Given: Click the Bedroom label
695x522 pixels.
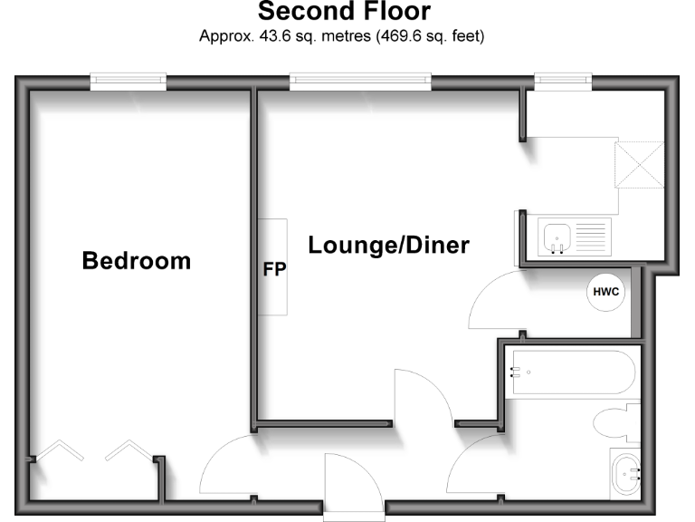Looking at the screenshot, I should [x=137, y=261].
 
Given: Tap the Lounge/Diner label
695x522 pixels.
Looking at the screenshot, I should [x=388, y=245].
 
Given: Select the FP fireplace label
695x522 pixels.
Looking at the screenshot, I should [x=274, y=269].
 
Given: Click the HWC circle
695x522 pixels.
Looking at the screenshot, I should [x=605, y=292].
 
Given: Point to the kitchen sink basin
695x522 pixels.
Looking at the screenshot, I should [x=555, y=239].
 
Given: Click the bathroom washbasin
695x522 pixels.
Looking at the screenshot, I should [x=626, y=472].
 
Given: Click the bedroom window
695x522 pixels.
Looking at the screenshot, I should [x=128, y=82].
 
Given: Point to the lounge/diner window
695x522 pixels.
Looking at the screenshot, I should [x=360, y=82].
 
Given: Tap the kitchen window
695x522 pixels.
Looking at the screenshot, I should [x=563, y=82].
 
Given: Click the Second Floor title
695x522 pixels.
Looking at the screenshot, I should [x=344, y=12].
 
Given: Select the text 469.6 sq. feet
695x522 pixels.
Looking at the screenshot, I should [x=435, y=37].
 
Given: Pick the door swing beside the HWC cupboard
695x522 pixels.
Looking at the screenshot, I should [x=492, y=304].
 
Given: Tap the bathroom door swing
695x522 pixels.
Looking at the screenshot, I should [x=475, y=467].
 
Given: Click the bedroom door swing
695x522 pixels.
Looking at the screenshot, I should [x=226, y=467].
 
